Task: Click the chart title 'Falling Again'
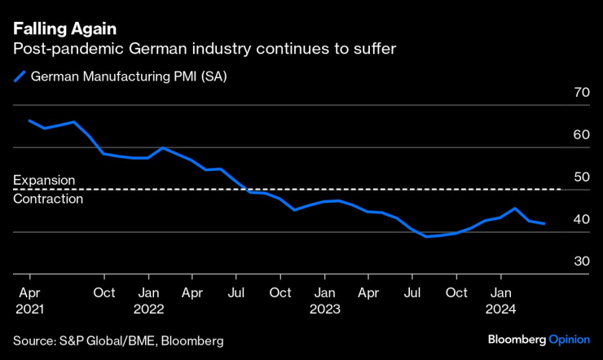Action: pos(64,31)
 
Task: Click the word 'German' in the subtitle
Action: pos(154,50)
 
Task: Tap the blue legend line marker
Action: pos(20,77)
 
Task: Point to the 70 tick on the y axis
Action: pos(581,93)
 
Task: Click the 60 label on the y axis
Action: pos(581,135)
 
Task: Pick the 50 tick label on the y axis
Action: pos(581,177)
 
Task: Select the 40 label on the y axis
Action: pos(581,219)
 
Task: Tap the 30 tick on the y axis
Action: pos(581,261)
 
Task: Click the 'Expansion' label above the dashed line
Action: pos(44,180)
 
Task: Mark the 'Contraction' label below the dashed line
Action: pos(48,199)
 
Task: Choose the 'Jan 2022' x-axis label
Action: pos(150,301)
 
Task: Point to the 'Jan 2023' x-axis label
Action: pos(326,301)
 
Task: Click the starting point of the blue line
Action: pos(29,121)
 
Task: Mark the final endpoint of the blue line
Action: pos(544,223)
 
